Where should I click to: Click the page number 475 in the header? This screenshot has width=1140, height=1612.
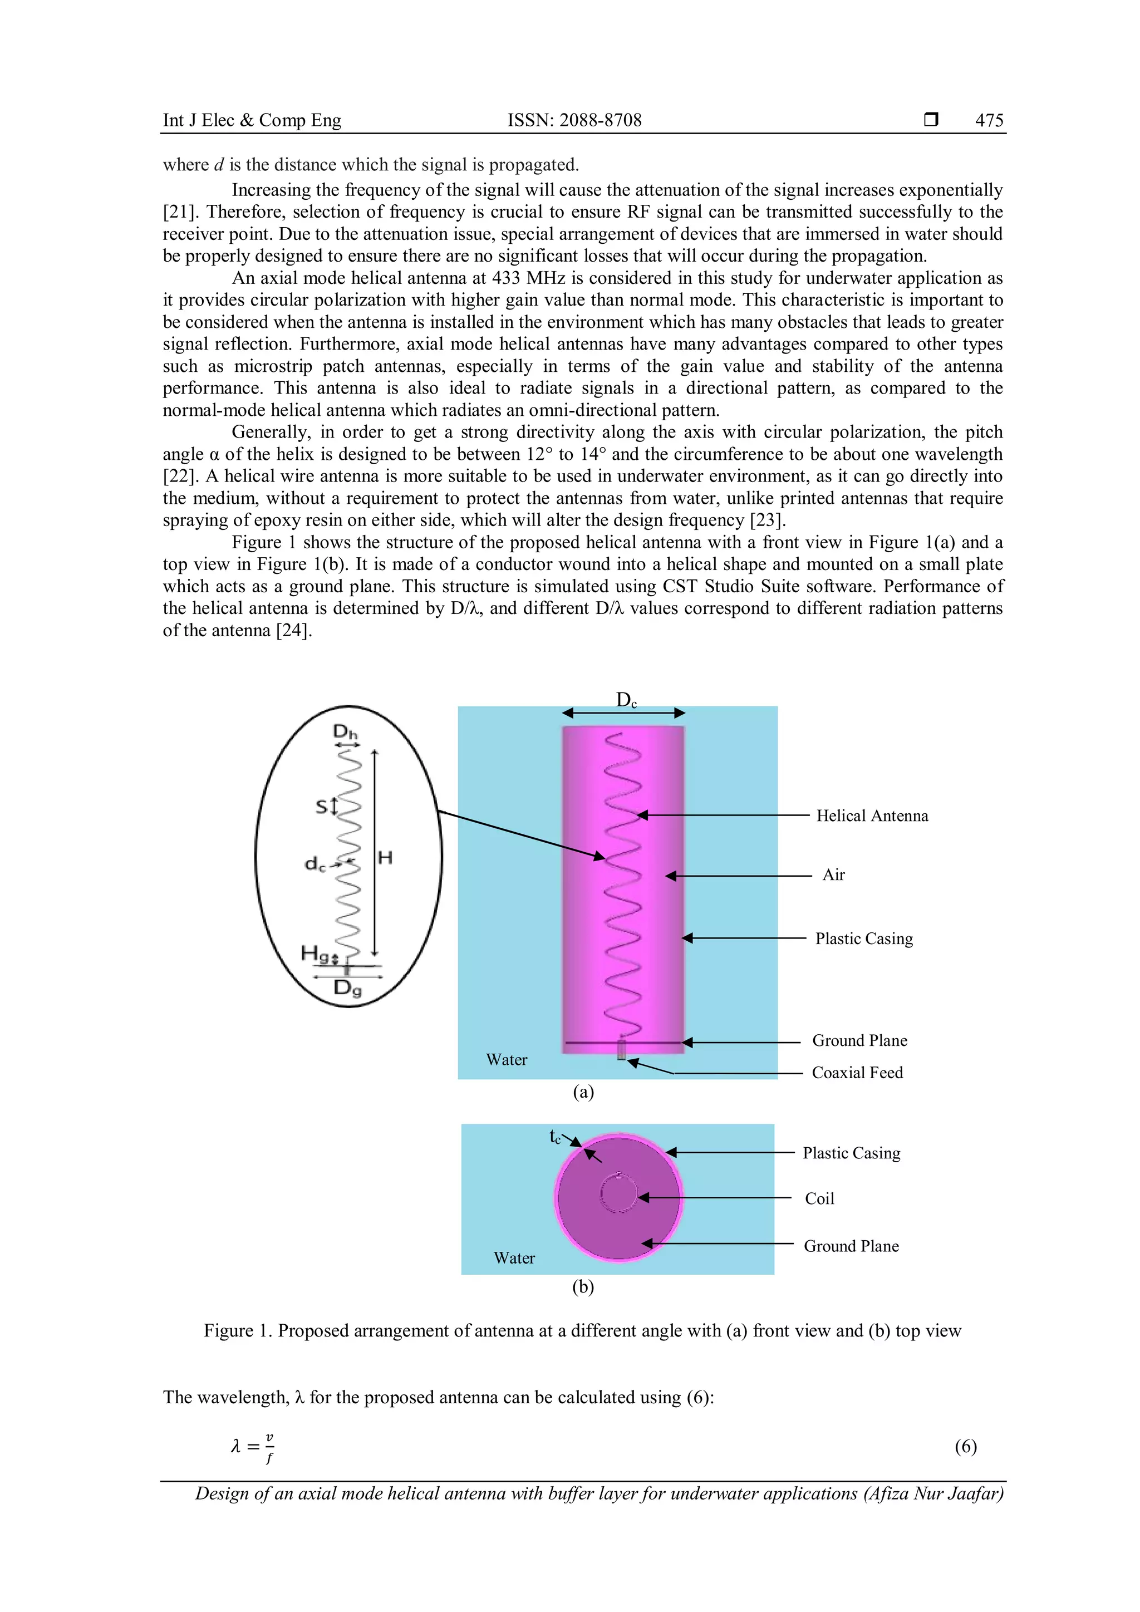(989, 120)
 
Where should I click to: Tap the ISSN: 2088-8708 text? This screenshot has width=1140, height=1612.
(574, 120)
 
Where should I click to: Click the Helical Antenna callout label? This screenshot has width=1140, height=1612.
(872, 816)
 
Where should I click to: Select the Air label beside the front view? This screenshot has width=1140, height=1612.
(833, 875)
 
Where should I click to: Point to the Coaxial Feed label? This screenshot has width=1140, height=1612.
(857, 1073)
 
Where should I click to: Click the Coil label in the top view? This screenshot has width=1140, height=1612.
(819, 1198)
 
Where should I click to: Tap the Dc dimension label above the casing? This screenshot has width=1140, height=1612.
(626, 700)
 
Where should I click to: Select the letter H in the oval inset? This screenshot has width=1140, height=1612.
(385, 857)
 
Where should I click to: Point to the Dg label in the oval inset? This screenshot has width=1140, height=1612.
(347, 988)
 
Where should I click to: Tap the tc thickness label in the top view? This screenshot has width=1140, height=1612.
(554, 1136)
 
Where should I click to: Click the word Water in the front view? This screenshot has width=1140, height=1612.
(506, 1059)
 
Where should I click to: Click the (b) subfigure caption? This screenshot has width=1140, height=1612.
(583, 1287)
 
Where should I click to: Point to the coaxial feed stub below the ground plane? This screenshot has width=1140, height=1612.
(621, 1050)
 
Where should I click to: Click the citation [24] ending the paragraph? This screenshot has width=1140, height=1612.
(293, 631)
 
